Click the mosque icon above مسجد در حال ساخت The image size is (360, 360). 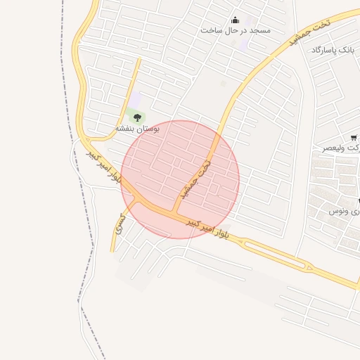click(x=235, y=20)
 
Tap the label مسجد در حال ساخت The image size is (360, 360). click(x=235, y=30)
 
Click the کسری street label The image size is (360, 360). click(x=121, y=224)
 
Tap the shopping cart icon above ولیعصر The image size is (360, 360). click(x=353, y=138)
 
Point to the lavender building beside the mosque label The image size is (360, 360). click(x=243, y=44)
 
